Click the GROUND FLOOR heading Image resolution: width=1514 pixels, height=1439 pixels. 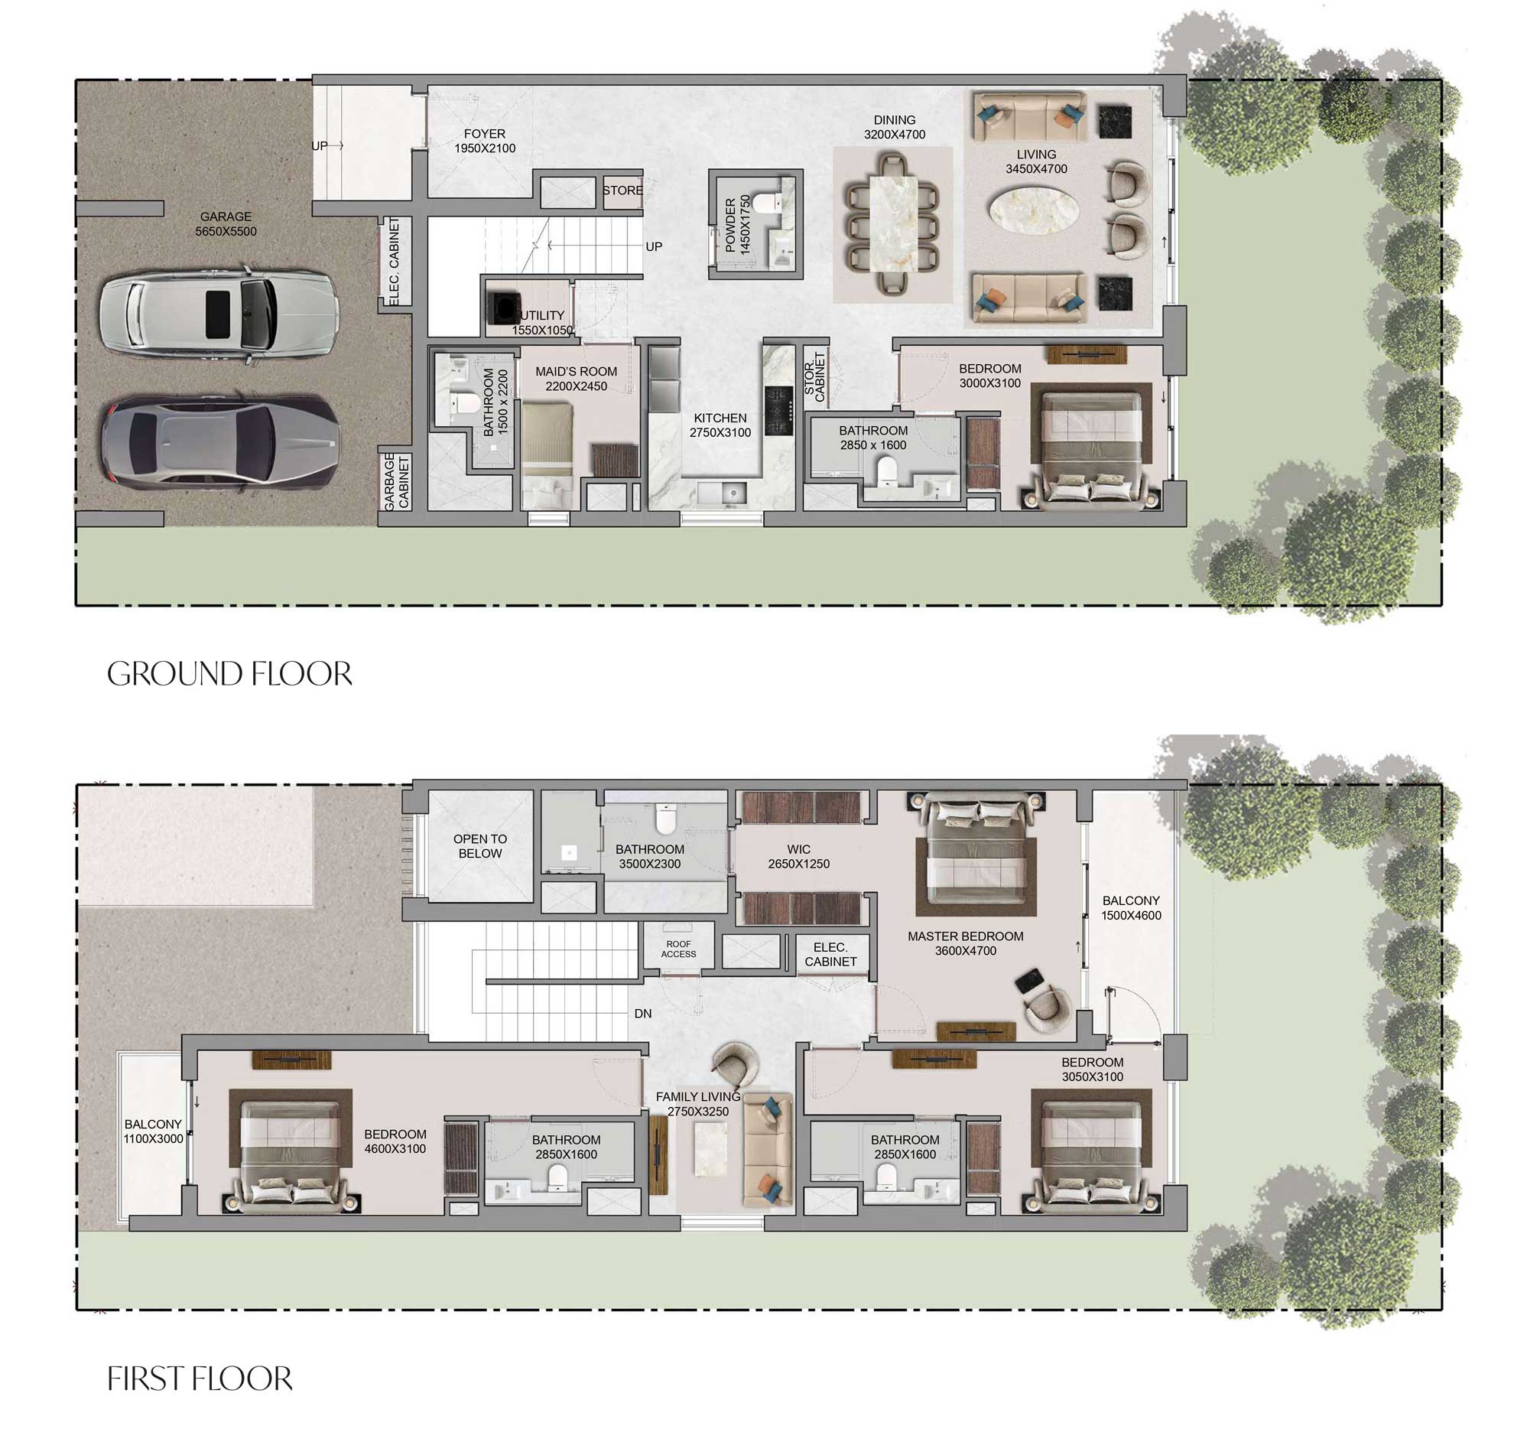(x=229, y=674)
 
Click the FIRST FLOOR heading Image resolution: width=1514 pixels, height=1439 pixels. (x=200, y=1379)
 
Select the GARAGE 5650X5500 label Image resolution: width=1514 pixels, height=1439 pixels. (x=226, y=224)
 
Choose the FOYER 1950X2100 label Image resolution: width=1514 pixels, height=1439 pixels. (x=485, y=141)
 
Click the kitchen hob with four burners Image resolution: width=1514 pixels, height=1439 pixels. (x=778, y=409)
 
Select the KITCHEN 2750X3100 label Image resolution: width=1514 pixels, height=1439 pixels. (x=720, y=425)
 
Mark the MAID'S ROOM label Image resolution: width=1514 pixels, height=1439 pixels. (x=576, y=378)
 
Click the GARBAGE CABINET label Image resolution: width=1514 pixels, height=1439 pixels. (x=396, y=481)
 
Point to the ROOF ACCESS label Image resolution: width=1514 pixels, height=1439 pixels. (x=678, y=949)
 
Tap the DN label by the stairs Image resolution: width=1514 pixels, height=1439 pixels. (x=642, y=1014)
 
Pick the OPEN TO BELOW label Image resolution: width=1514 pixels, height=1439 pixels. (x=480, y=846)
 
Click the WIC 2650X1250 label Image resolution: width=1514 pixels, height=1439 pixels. (x=798, y=856)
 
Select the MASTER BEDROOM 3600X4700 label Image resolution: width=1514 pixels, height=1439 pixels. (x=965, y=943)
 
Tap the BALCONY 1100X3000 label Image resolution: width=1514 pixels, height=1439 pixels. (x=154, y=1131)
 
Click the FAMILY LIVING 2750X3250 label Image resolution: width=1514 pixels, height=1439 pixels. (x=697, y=1104)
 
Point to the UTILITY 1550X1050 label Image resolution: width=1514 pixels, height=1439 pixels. (x=542, y=322)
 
